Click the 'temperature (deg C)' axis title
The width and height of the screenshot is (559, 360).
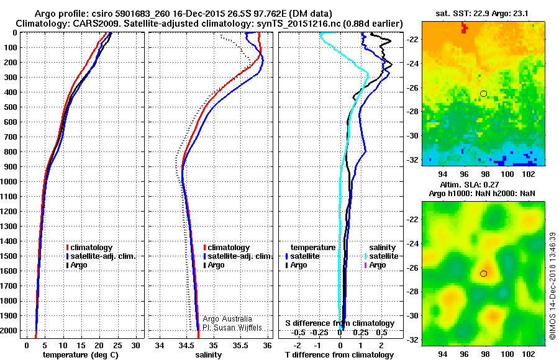tap(80, 355)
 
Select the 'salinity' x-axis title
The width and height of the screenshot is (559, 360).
tap(209, 355)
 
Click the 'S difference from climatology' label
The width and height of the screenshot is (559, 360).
tap(339, 323)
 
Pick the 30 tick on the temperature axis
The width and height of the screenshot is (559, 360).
tap(136, 344)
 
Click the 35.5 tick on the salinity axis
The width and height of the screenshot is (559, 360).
tap(240, 344)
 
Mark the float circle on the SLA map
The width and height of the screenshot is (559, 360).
tap(484, 274)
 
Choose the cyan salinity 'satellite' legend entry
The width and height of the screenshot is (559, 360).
tap(381, 256)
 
